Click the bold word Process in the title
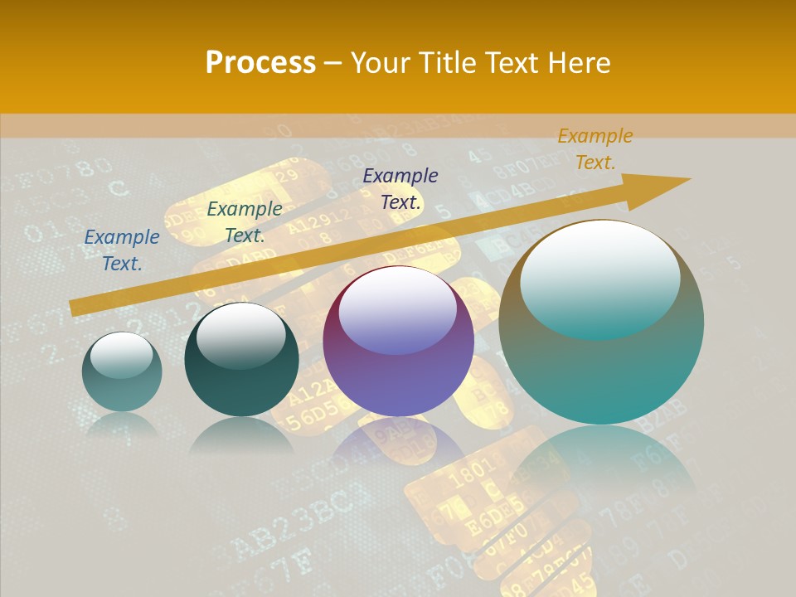[x=260, y=62]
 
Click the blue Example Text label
[x=122, y=250]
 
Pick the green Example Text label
[x=245, y=222]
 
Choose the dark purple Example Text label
[x=400, y=188]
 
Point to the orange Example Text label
[x=595, y=149]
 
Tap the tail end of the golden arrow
[x=76, y=308]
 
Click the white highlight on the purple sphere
[x=398, y=308]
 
